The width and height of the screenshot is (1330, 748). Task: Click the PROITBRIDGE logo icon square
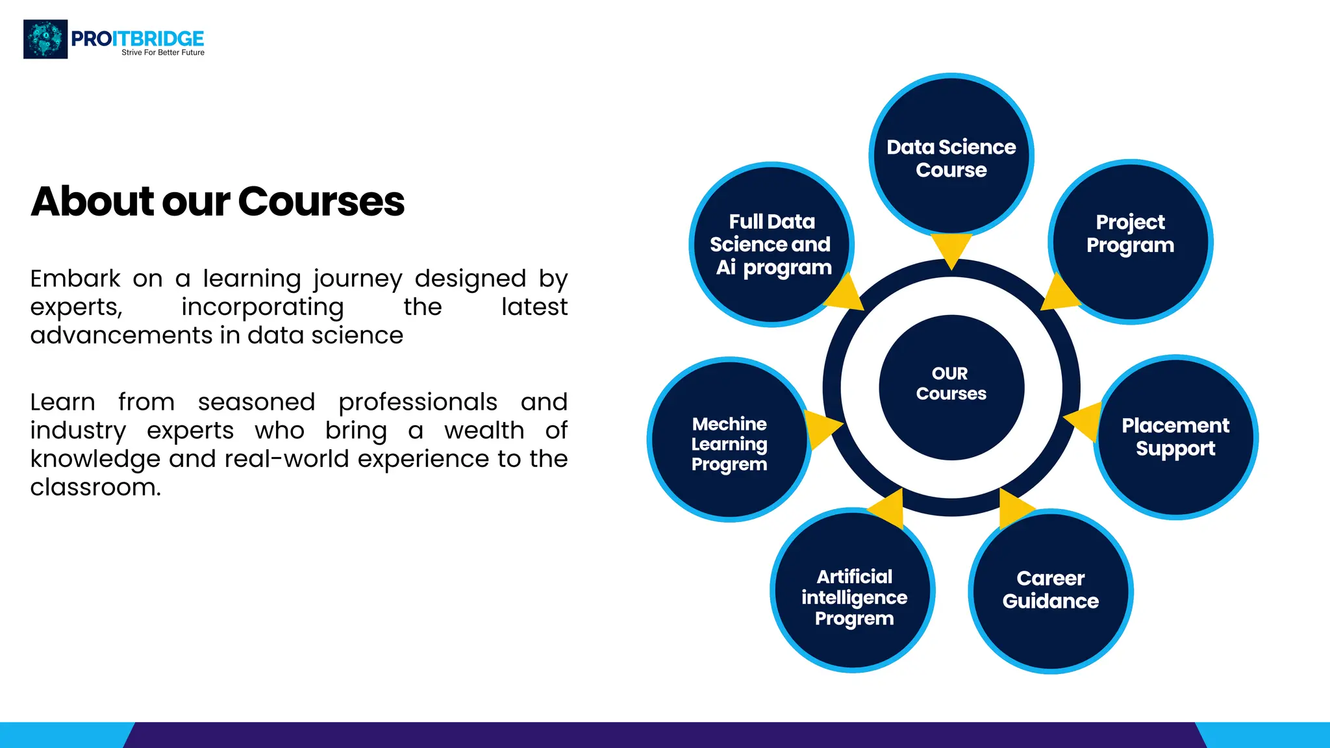45,39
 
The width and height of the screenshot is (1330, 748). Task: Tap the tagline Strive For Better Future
163,53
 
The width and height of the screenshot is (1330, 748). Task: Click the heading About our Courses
218,201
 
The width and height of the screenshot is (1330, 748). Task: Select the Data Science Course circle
951,156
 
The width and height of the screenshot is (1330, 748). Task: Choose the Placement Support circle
1175,437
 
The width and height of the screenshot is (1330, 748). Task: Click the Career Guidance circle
1050,590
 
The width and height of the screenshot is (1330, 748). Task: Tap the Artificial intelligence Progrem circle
853,590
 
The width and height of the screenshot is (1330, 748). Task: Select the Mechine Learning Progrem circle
729,440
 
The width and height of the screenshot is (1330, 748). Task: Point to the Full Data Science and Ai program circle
771,244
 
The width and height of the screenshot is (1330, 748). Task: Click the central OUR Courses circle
951,387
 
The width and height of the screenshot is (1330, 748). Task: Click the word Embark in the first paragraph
75,279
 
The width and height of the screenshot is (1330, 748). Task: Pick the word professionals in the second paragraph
418,402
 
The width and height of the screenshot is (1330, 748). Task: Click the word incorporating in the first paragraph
262,306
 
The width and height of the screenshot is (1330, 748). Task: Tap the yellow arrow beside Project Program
1059,294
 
